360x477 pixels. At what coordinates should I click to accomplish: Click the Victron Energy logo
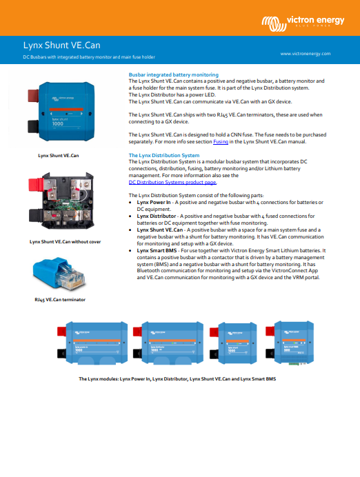pos(303,23)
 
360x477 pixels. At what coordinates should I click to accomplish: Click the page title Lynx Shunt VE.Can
pos(62,45)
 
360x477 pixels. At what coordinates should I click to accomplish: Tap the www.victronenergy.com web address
pos(306,54)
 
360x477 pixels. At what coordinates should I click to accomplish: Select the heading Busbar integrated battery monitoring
pos(174,74)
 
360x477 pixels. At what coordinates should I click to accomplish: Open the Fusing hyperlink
pos(221,141)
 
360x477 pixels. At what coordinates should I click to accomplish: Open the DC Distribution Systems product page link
pos(172,182)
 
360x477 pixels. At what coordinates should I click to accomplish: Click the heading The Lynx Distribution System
pos(164,155)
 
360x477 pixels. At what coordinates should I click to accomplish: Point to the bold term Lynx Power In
pos(154,202)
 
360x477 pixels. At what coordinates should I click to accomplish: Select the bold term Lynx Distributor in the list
pos(157,216)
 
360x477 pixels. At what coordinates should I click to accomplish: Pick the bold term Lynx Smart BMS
pos(157,251)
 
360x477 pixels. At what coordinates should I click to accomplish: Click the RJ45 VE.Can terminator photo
pos(59,273)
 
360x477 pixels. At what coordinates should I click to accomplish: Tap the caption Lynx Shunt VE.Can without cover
pos(65,242)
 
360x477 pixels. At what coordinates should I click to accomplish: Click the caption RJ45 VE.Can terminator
pos(60,300)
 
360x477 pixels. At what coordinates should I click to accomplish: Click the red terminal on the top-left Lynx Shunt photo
pos(33,95)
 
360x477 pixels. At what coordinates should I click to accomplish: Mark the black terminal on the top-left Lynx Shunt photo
pos(33,126)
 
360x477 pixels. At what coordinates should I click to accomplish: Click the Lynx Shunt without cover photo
pos(61,201)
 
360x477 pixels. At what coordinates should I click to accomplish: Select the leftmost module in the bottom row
pos(92,343)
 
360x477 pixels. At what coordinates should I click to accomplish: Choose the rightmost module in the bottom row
pos(290,343)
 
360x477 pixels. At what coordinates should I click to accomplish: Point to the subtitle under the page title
pos(89,57)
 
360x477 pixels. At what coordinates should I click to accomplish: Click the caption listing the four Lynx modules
pos(177,379)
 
